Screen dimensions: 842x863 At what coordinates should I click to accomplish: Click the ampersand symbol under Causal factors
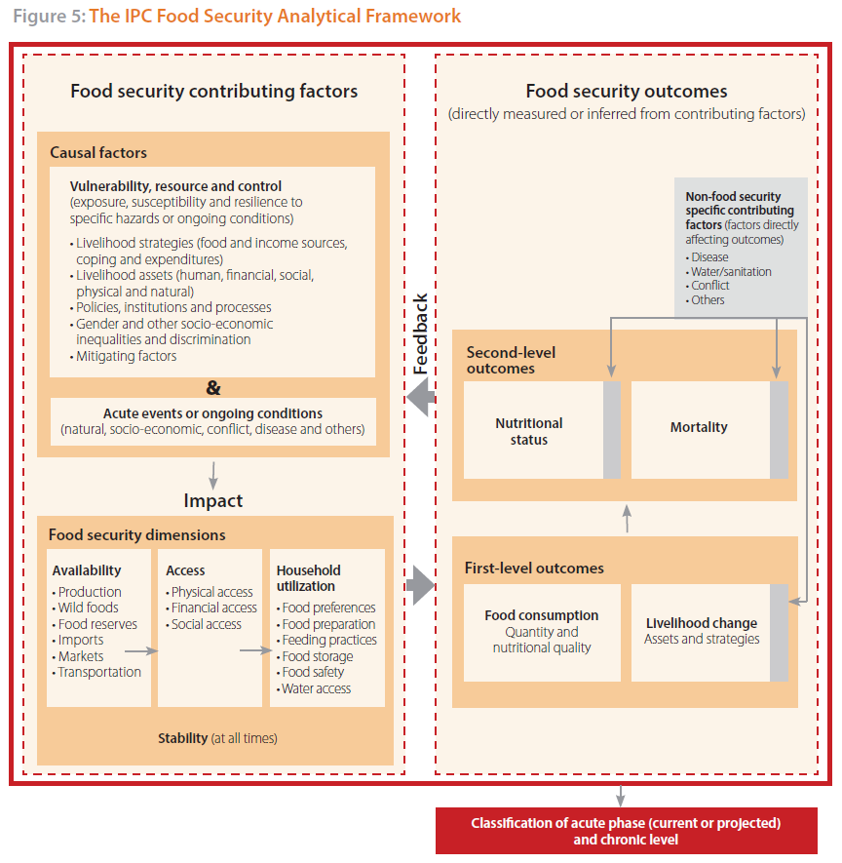pos(213,388)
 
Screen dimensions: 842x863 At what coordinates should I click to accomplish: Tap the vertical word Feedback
pos(421,333)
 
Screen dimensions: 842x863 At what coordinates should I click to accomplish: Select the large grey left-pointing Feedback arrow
pos(421,397)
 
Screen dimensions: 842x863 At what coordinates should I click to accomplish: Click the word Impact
pos(212,500)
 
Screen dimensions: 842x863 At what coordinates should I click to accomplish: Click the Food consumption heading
pos(541,615)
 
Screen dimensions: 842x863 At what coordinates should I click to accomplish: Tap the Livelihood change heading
pos(702,623)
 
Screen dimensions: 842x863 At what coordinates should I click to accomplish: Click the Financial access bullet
pos(211,608)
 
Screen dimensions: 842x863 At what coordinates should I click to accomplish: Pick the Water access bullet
pos(314,688)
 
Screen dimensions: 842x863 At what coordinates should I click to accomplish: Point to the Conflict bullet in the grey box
pos(708,286)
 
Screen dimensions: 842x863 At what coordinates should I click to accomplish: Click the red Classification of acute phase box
pos(627,831)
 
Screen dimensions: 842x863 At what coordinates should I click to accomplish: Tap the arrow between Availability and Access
pos(141,651)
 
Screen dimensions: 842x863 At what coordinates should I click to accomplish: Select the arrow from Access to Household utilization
pos(255,650)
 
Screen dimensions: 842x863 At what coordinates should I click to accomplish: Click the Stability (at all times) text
pos(217,738)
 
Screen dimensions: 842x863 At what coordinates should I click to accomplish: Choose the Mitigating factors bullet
pos(123,356)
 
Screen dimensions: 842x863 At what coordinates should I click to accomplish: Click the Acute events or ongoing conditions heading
pos(212,413)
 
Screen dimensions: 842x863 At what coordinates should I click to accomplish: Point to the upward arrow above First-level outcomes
pos(627,519)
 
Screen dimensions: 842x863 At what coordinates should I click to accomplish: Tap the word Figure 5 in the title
pos(49,16)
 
